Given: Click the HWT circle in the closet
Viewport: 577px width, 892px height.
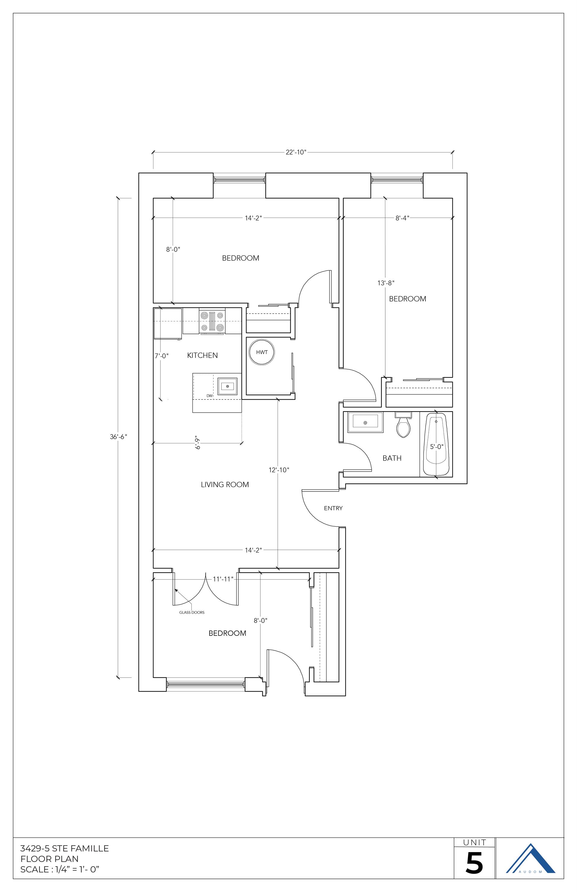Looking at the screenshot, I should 262,352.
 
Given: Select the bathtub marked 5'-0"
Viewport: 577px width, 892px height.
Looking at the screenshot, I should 436,445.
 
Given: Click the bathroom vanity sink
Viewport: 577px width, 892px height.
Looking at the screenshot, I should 365,423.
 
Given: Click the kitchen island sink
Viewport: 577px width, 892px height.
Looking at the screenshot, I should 227,386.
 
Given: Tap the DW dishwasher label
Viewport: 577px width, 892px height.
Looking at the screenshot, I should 210,396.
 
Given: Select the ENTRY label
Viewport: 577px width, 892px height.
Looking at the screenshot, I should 333,508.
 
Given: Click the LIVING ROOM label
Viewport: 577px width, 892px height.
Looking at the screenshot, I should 225,485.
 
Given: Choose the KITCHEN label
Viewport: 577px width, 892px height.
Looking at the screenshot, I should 202,355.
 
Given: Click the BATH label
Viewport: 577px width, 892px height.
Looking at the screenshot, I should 392,458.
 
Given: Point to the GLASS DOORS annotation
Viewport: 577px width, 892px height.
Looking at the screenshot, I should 192,613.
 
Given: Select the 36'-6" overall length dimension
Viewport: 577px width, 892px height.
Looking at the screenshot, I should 118,436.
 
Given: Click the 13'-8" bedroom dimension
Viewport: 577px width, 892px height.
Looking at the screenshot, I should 386,283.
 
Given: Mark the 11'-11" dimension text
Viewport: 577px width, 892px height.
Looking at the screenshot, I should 223,579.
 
